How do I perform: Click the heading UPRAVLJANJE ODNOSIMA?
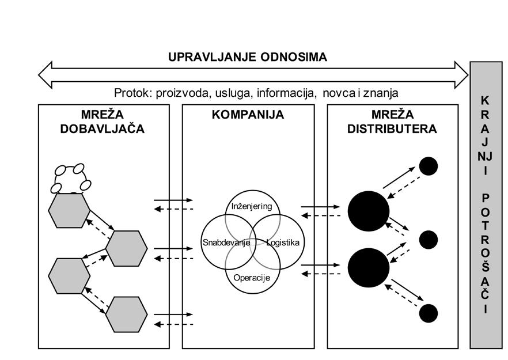pos(248,57)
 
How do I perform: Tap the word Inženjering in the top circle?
pos(251,206)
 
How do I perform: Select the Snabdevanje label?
pos(226,242)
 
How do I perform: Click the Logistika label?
pos(283,242)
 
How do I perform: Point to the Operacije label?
pos(252,277)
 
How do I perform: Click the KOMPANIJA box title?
pos(248,115)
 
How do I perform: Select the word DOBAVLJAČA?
pos(103,129)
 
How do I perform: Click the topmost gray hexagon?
pos(69,211)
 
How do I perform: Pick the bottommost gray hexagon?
pos(127,314)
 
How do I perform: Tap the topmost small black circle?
pos(428,166)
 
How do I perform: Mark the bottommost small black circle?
pos(428,313)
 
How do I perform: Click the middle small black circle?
pos(428,240)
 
